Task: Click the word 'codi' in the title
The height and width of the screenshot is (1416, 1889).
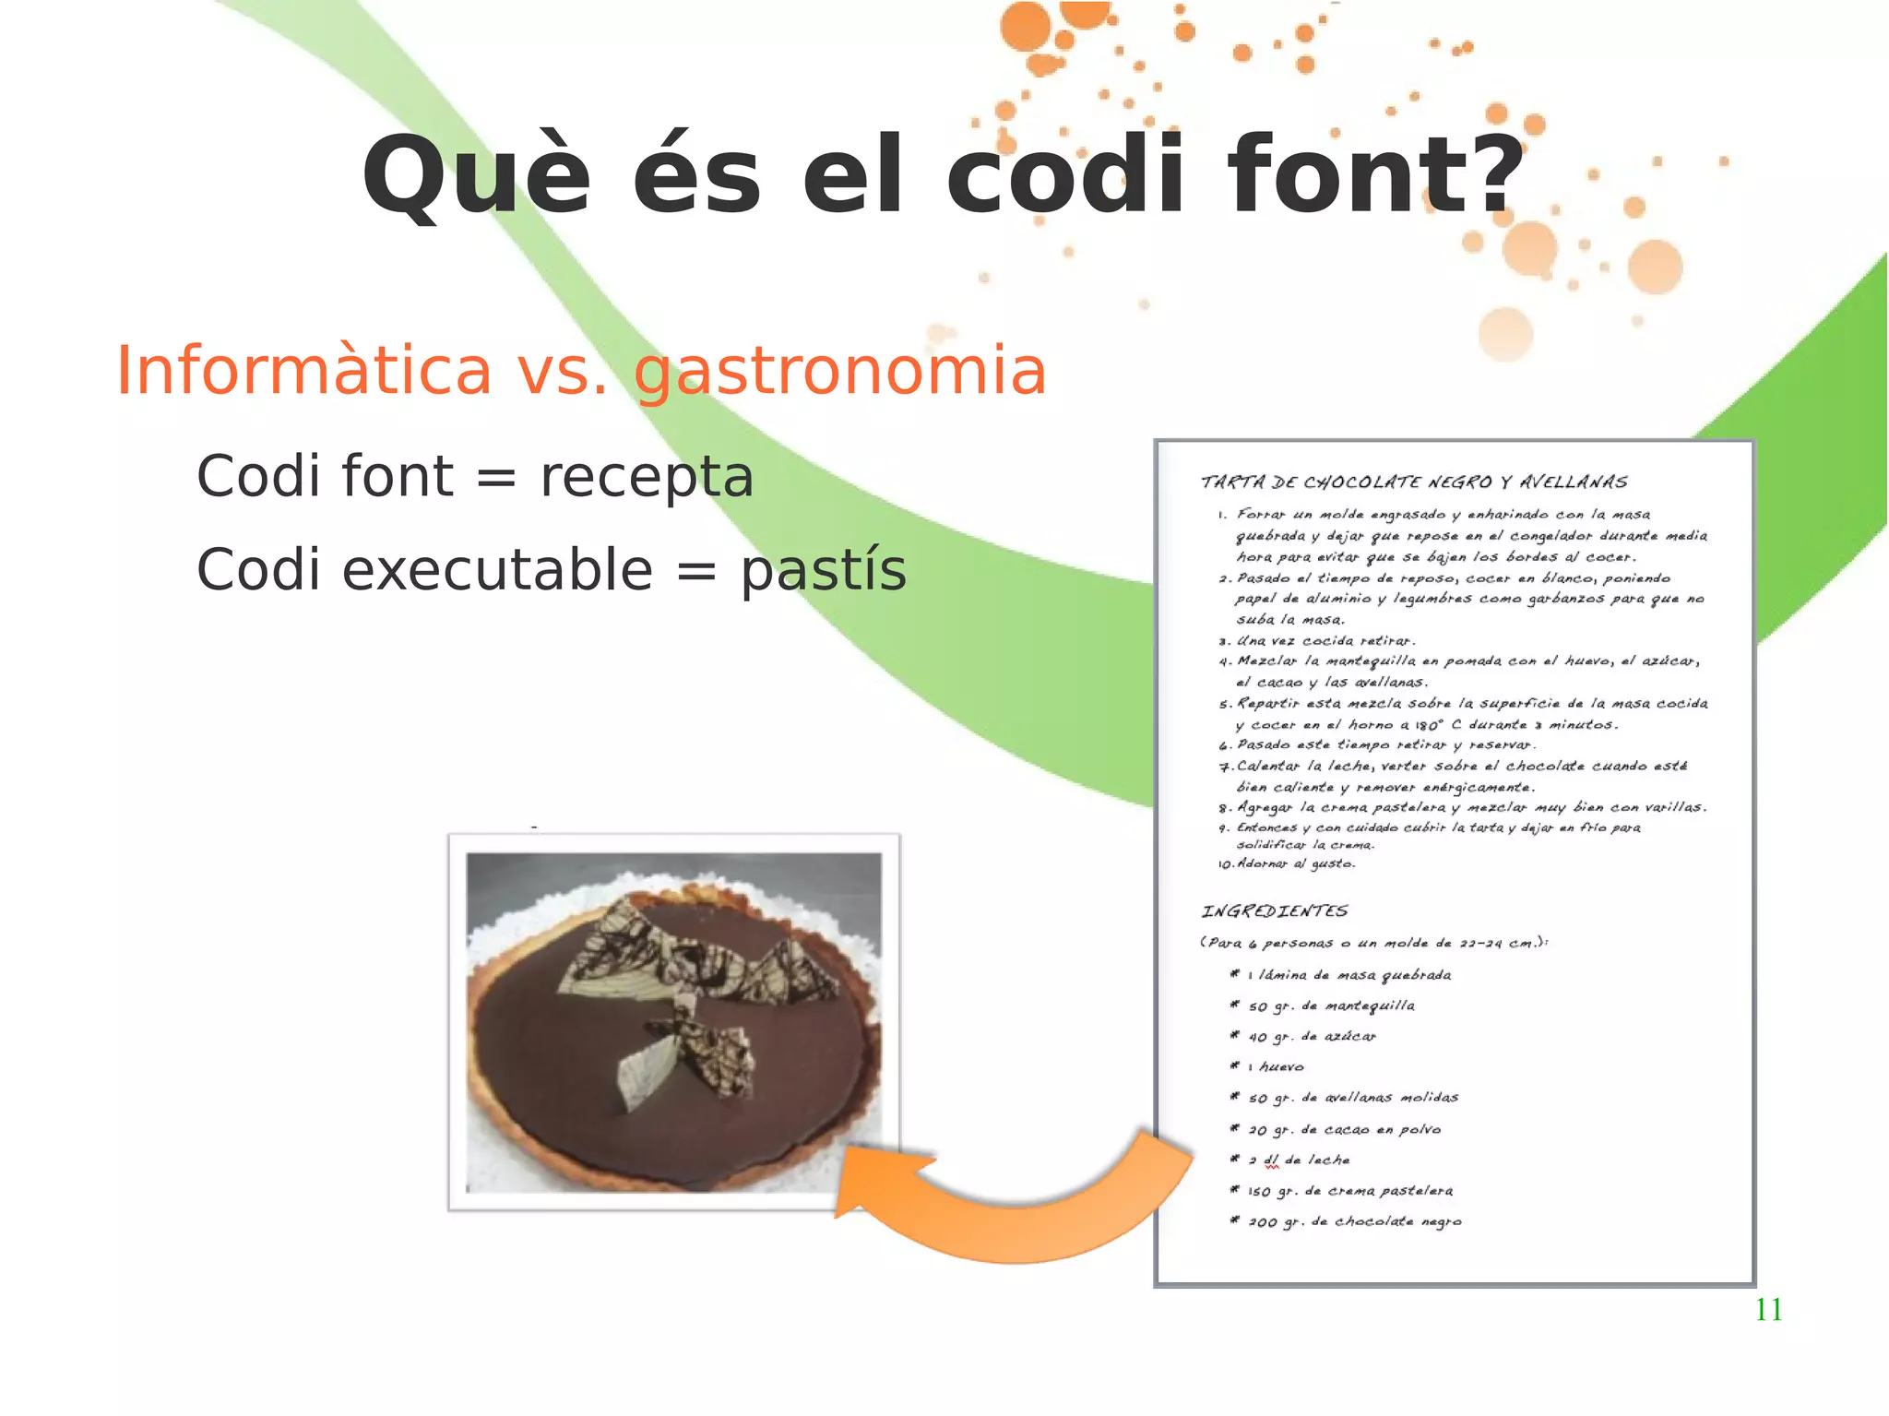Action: (1065, 175)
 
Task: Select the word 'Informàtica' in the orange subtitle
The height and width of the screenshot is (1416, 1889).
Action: (303, 371)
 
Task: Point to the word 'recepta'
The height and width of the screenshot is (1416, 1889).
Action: (647, 478)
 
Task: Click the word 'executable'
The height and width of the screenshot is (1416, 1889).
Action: (497, 570)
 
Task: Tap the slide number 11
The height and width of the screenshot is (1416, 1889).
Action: (1768, 1310)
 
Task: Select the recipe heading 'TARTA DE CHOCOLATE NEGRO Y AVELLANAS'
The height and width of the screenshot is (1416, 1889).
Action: (1413, 482)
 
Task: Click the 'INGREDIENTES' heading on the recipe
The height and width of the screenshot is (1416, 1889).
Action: (1274, 911)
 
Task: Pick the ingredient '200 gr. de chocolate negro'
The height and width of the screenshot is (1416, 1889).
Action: (1354, 1222)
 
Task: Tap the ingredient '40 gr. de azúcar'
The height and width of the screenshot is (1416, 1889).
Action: (1312, 1037)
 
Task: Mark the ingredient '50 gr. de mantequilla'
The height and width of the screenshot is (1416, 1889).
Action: (1331, 1006)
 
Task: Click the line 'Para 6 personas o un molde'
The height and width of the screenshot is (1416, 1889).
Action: (1373, 943)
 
